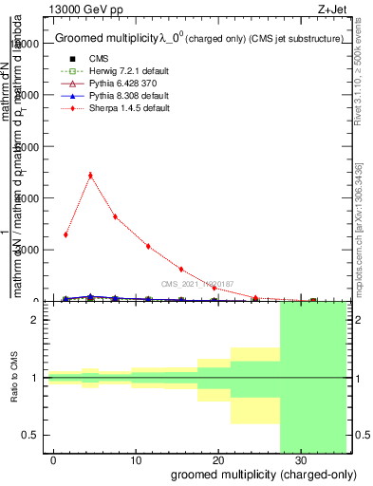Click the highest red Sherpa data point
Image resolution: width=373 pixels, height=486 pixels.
pyautogui.click(x=90, y=175)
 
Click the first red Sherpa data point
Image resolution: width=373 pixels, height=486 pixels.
pyautogui.click(x=65, y=234)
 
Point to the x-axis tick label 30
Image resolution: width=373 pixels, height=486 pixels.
pyautogui.click(x=300, y=458)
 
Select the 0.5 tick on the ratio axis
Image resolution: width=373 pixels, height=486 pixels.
pyautogui.click(x=29, y=435)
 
